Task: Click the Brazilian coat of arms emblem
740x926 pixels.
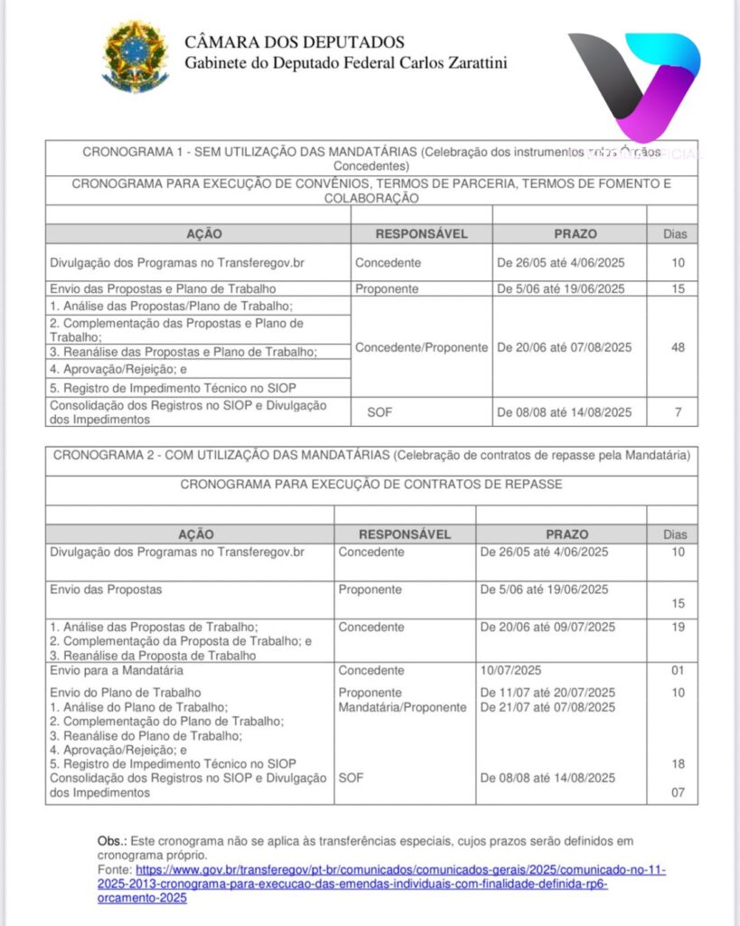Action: pyautogui.click(x=135, y=56)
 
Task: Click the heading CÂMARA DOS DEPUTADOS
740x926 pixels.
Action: pyautogui.click(x=295, y=43)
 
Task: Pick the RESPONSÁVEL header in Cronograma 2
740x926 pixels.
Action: pyautogui.click(x=405, y=534)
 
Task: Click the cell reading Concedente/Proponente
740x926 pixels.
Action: pyautogui.click(x=421, y=347)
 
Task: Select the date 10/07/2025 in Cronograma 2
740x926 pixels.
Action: pyautogui.click(x=511, y=670)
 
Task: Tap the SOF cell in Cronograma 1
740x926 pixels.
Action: pyautogui.click(x=379, y=412)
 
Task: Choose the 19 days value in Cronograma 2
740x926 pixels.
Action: pyautogui.click(x=678, y=626)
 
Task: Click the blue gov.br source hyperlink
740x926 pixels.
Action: pyautogui.click(x=379, y=883)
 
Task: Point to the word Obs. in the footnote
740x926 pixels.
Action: pyautogui.click(x=109, y=841)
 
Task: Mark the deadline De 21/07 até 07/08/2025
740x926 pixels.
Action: pyautogui.click(x=548, y=706)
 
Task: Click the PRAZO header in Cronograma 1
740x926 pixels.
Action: pyautogui.click(x=576, y=233)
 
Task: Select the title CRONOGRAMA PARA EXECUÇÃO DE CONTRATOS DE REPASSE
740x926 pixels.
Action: pyautogui.click(x=370, y=484)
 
